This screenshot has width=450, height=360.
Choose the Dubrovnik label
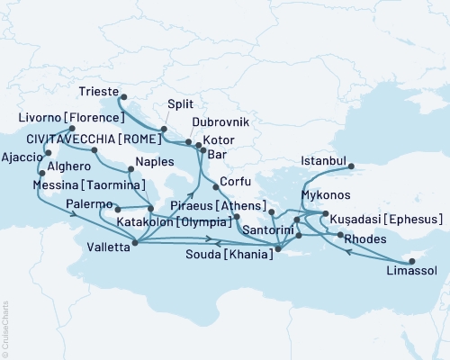tap(220, 121)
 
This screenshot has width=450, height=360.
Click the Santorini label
tap(268, 231)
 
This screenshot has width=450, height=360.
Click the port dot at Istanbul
tap(351, 166)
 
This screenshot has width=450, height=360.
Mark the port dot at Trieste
tap(122, 98)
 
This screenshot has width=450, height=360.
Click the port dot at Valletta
tap(134, 241)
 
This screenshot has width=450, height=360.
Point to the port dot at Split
tap(163, 131)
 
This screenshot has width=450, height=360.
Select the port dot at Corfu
tap(216, 187)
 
